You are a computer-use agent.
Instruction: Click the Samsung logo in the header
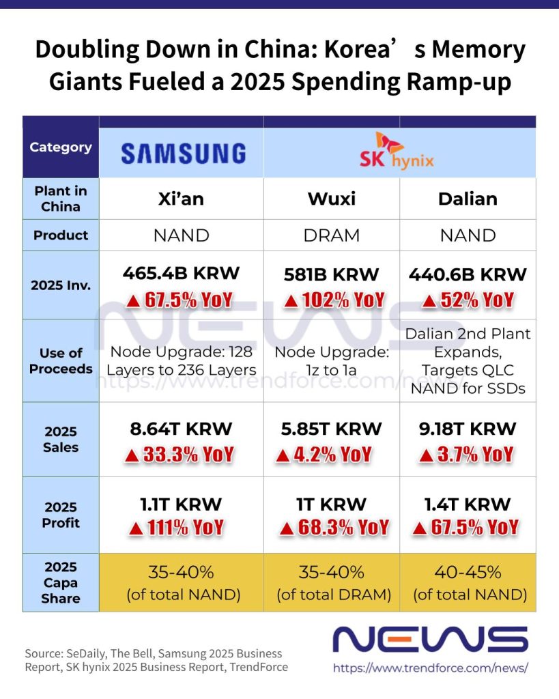tap(182, 153)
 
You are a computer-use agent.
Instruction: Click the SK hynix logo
tap(397, 152)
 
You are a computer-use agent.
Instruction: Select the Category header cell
tap(61, 147)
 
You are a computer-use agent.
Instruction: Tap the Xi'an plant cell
tap(181, 199)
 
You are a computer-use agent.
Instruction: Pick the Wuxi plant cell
tap(331, 199)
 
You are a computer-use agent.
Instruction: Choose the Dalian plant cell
tap(468, 199)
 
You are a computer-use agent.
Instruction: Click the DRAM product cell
tap(331, 236)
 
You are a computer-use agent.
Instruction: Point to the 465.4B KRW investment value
tap(181, 274)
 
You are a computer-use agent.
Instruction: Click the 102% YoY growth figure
tap(334, 300)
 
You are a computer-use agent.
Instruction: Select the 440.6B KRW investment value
tap(468, 274)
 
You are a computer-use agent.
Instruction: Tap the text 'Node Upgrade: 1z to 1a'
tap(331, 361)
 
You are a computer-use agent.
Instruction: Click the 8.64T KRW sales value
tap(181, 429)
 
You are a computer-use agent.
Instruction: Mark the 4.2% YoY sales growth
tap(324, 455)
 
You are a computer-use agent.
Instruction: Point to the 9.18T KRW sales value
tap(468, 429)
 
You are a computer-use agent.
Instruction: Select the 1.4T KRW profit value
tap(468, 504)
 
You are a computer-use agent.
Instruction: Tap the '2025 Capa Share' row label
tap(61, 582)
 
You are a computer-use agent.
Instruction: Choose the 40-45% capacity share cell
tap(468, 582)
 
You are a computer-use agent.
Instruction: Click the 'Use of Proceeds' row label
tap(61, 360)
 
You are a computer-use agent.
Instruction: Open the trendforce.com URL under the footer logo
tap(430, 668)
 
